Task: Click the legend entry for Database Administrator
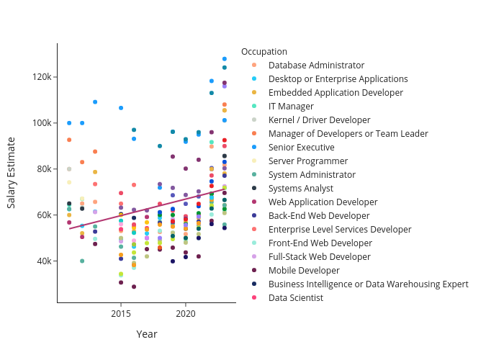coord(316,66)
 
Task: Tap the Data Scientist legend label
coord(295,298)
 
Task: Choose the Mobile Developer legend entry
coord(304,271)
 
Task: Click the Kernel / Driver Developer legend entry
coord(319,120)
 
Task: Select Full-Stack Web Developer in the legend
coord(319,257)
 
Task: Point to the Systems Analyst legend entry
coord(301,189)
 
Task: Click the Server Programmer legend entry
coord(307,161)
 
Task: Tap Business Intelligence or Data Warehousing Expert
coord(368,284)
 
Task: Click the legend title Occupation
coord(264,52)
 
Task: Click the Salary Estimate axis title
coord(12,173)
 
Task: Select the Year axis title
coord(147,335)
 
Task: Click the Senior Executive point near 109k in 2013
coord(95,102)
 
